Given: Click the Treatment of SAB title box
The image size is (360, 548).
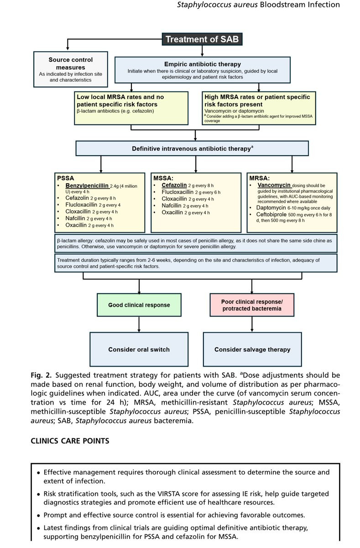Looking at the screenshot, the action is pyautogui.click(x=202, y=39).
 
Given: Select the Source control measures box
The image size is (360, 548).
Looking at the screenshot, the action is pyautogui.click(x=71, y=69).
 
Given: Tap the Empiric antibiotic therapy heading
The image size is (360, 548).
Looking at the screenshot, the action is pyautogui.click(x=203, y=64).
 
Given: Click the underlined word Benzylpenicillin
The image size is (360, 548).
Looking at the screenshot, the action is pyautogui.click(x=87, y=186).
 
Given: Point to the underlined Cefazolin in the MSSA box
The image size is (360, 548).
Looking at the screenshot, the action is pyautogui.click(x=174, y=185).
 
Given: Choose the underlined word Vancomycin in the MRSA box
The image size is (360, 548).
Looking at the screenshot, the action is pyautogui.click(x=274, y=185).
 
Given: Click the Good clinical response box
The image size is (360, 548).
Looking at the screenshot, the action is pyautogui.click(x=139, y=305).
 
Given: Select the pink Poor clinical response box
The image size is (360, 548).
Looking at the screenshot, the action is pyautogui.click(x=252, y=305).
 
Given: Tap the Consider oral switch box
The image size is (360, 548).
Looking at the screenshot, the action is pyautogui.click(x=139, y=349).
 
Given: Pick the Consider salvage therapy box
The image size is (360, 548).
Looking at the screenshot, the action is pyautogui.click(x=252, y=349).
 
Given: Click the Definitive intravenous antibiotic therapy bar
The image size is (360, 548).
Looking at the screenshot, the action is pyautogui.click(x=192, y=148).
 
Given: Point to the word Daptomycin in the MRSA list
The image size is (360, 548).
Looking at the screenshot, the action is pyautogui.click(x=271, y=208).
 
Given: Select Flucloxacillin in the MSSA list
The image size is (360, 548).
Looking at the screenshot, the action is pyautogui.click(x=177, y=192).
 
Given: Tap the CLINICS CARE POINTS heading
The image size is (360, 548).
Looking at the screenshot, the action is pyautogui.click(x=70, y=441).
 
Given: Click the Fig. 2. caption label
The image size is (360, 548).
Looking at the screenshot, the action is pyautogui.click(x=41, y=375).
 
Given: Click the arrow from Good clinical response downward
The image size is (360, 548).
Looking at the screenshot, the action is pyautogui.click(x=139, y=324).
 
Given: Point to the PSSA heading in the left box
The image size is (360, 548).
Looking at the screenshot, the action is pyautogui.click(x=66, y=178).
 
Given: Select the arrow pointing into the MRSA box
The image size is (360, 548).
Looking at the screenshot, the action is pyautogui.click(x=292, y=164).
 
